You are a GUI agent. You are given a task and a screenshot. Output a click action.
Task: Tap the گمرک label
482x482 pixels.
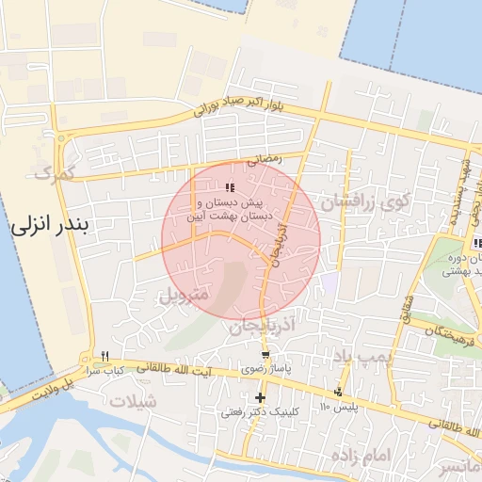coord(52,172)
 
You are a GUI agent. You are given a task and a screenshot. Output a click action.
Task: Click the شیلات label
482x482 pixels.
coord(135,401)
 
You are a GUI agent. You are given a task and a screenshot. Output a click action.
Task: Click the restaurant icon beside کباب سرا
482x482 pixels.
coord(104,356)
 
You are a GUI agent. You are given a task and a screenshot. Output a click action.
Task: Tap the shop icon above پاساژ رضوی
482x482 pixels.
coord(265,355)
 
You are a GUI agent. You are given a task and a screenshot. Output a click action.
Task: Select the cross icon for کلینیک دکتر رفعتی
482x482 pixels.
coord(260,397)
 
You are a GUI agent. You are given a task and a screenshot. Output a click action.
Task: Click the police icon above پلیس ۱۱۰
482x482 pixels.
coord(338,392)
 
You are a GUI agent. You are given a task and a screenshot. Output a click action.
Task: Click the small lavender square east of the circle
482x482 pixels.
coord(329,281)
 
